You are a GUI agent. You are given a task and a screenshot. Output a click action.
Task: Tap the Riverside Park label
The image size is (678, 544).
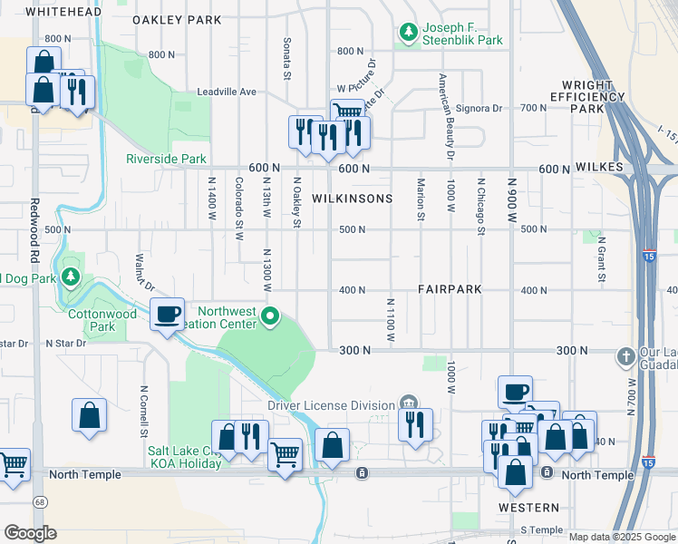[166, 159]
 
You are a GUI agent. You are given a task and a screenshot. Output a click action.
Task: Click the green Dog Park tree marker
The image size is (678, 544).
[69, 277]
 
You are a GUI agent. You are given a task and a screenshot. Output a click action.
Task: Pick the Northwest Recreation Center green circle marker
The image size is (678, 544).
[270, 316]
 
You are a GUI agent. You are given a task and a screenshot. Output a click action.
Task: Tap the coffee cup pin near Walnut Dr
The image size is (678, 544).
[167, 314]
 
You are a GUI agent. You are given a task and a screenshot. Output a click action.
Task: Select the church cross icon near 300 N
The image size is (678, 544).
[625, 356]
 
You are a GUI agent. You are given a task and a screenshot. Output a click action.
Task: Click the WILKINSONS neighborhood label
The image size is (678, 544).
[352, 199]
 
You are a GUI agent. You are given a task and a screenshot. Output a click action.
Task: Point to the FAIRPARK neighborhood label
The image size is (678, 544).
[449, 289]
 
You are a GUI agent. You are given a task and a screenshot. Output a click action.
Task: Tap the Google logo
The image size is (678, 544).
[30, 533]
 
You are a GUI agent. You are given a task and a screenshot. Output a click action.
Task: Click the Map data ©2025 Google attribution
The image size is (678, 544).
[622, 537]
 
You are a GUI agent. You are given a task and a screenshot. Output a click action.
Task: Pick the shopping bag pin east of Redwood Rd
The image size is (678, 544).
[90, 416]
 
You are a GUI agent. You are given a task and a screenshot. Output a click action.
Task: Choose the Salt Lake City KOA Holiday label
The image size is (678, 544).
[185, 457]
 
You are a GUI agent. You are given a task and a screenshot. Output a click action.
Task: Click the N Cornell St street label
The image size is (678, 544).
[143, 410]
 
